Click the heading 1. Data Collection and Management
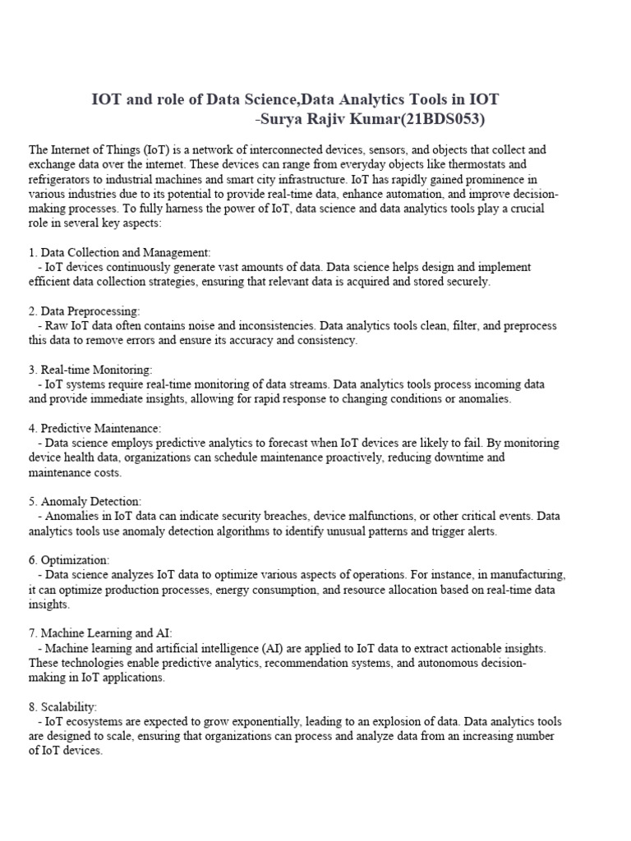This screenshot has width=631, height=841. point(120,252)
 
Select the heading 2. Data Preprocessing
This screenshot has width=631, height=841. point(85,311)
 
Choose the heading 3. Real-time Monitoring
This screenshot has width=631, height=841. point(90,370)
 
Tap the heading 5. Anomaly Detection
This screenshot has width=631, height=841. point(85,501)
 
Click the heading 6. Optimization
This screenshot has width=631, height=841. point(69,559)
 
